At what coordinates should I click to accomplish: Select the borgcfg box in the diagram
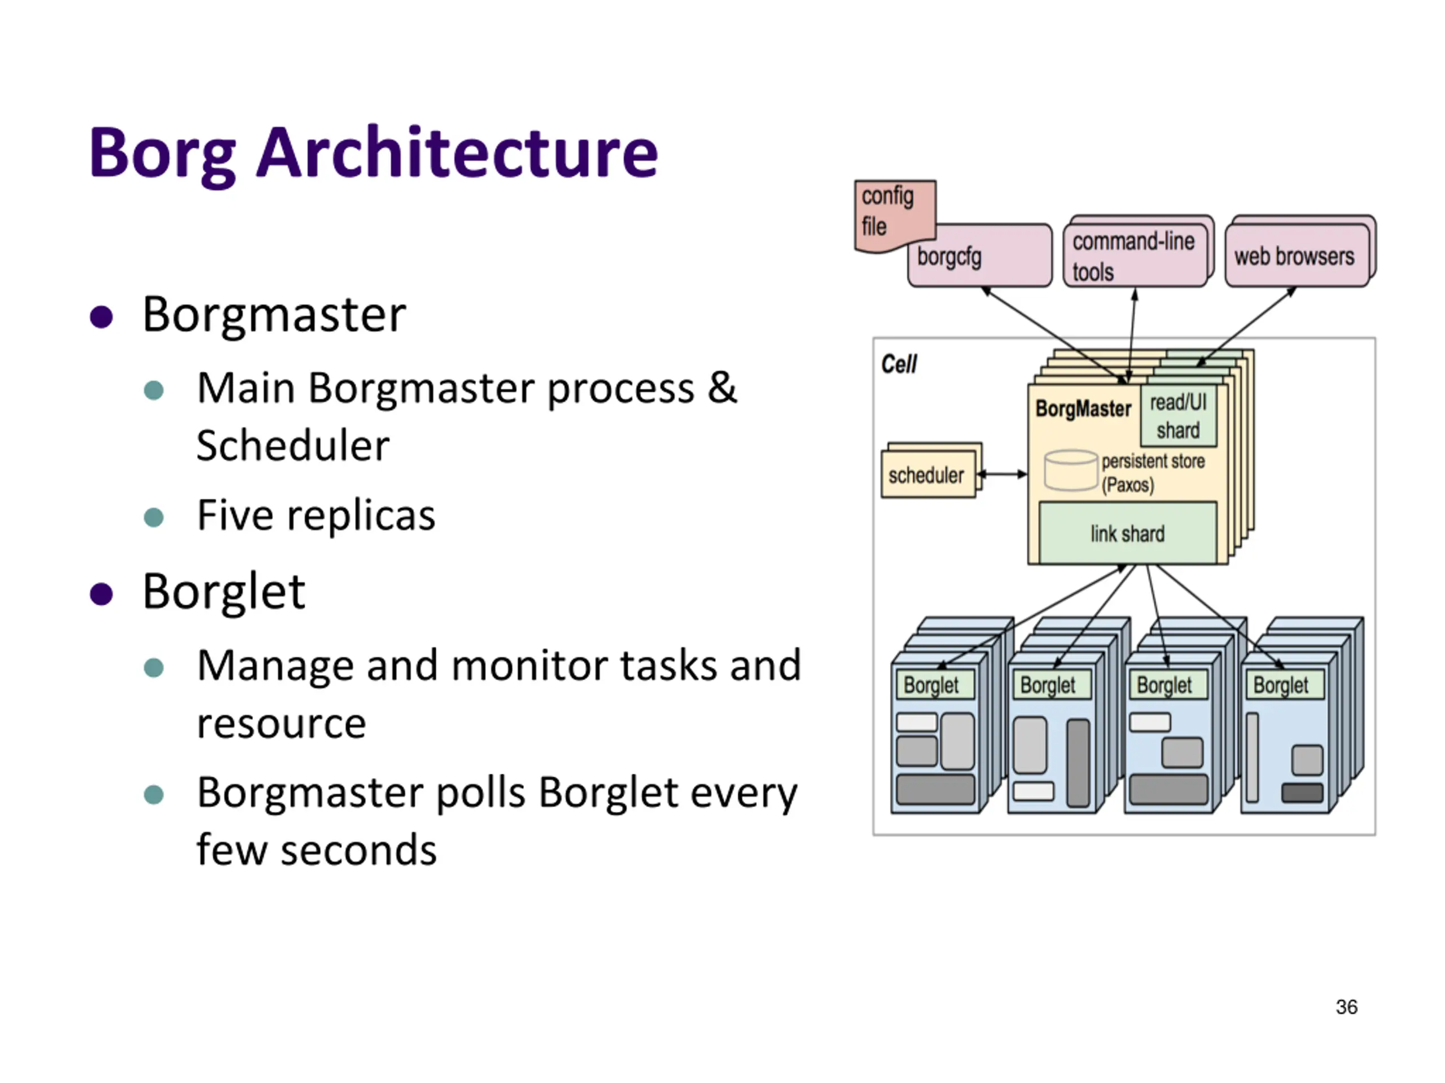tap(980, 256)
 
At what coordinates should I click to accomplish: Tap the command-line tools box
tap(1135, 256)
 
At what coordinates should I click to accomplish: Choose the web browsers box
tap(1296, 256)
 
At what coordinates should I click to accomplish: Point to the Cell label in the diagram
tap(899, 364)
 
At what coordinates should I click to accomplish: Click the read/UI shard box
tap(1179, 416)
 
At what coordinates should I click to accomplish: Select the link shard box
tap(1128, 534)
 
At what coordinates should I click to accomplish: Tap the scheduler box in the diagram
tap(927, 474)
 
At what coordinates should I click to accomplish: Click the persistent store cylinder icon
tap(1070, 470)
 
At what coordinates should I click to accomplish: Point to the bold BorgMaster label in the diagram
tap(1083, 408)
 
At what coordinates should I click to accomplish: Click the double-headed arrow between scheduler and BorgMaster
tap(1002, 474)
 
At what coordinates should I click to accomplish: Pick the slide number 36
tap(1346, 1007)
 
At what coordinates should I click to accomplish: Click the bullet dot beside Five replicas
tap(154, 517)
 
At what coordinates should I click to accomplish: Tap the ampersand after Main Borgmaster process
tap(721, 388)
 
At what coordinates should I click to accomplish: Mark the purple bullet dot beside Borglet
tap(101, 593)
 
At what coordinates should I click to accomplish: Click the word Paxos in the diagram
tap(1128, 485)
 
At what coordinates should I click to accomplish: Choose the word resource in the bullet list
tap(282, 723)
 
